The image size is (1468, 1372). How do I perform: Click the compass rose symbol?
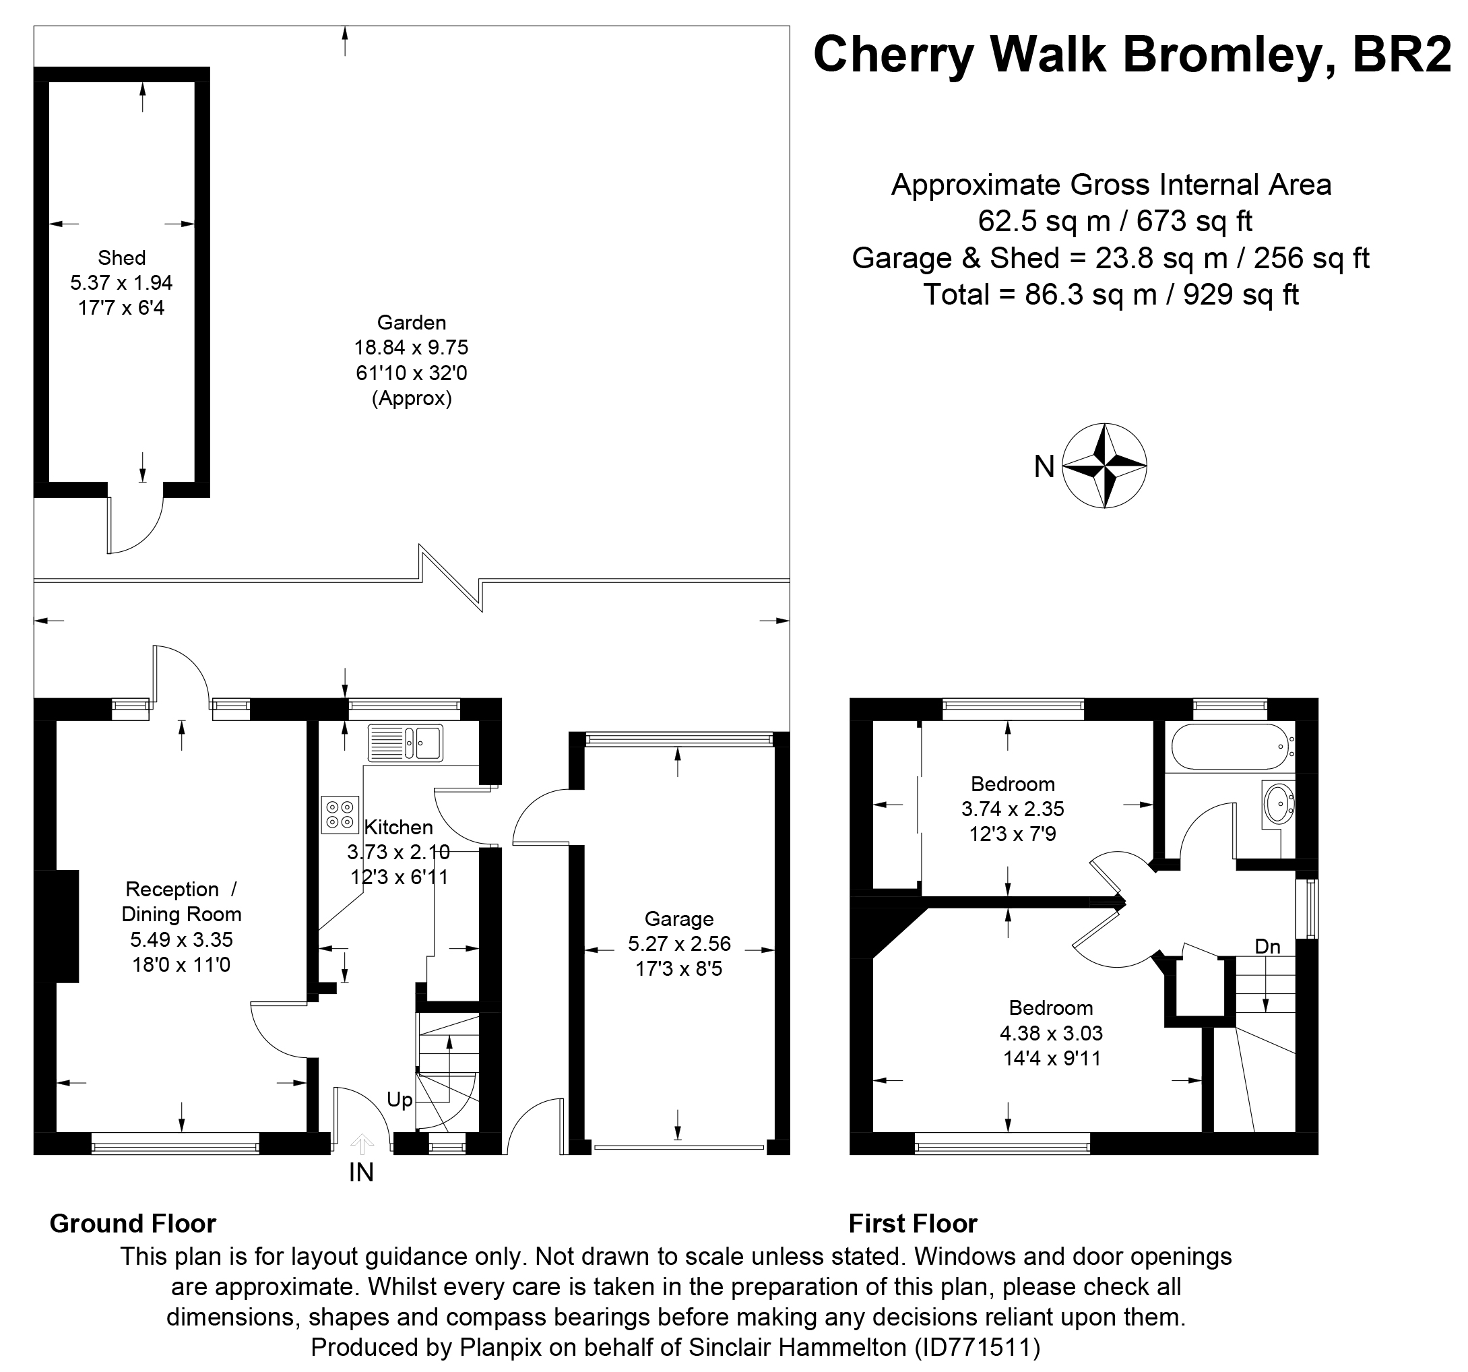click(x=1104, y=465)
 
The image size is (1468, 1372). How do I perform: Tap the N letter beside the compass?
click(x=1044, y=467)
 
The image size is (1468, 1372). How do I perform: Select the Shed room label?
click(x=122, y=257)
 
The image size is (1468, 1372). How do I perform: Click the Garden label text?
click(x=412, y=322)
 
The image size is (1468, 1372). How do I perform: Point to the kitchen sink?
click(x=406, y=742)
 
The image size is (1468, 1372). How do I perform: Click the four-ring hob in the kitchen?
click(x=340, y=815)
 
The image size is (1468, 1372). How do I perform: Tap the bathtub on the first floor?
click(x=1232, y=748)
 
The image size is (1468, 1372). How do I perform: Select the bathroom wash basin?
click(x=1278, y=803)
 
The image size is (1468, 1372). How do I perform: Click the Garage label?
click(x=678, y=919)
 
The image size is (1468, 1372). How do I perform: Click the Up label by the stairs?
click(x=400, y=1100)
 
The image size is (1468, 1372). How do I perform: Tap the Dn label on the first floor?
click(x=1267, y=946)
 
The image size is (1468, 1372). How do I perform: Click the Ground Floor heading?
click(x=133, y=1224)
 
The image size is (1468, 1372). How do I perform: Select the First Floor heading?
click(x=913, y=1224)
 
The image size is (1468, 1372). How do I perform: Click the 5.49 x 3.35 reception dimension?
click(x=182, y=939)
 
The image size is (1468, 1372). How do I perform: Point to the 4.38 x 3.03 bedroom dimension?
click(x=1052, y=1033)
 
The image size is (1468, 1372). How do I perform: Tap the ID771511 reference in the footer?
click(x=978, y=1348)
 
